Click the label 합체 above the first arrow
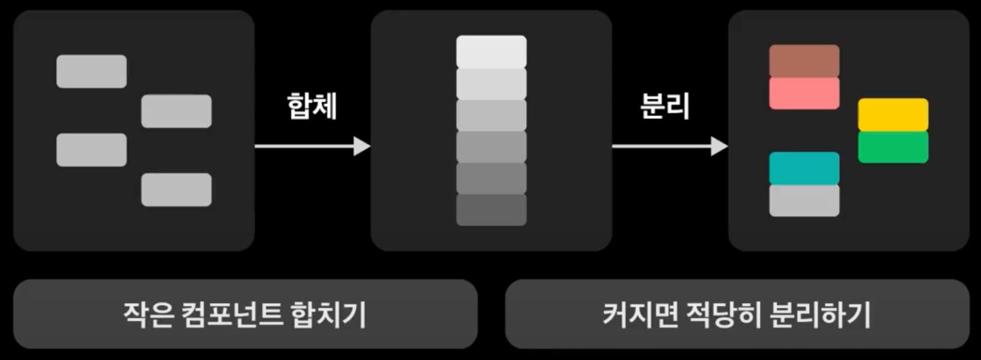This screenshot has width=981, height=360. tap(312, 106)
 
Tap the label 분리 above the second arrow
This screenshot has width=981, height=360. tap(664, 106)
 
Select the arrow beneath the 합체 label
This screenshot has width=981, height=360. tap(312, 146)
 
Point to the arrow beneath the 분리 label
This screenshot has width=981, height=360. tap(669, 146)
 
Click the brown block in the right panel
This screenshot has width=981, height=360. tap(804, 61)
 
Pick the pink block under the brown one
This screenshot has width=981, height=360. tap(804, 94)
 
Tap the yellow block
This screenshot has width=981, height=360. tap(893, 114)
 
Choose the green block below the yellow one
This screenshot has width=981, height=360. tap(893, 147)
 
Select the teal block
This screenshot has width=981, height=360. tap(804, 168)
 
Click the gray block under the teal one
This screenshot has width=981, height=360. tap(804, 201)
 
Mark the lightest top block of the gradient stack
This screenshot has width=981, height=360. tap(491, 51)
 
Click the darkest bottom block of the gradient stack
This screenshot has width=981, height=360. tap(491, 210)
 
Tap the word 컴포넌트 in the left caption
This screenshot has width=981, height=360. tap(232, 315)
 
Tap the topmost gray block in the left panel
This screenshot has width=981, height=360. tap(92, 72)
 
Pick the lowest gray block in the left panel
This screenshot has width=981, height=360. tap(176, 190)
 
